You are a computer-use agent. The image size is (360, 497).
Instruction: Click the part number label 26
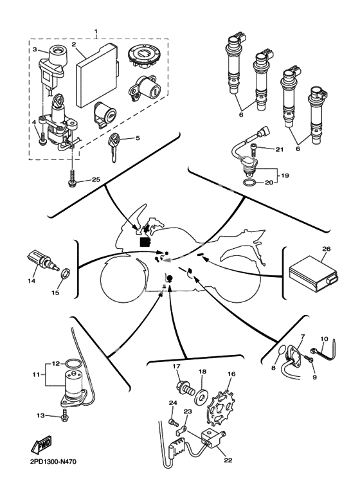[326, 249]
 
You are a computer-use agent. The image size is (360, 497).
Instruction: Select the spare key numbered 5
[114, 147]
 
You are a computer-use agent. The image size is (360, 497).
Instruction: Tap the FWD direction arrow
[41, 444]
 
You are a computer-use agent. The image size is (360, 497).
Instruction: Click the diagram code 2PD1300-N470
[53, 462]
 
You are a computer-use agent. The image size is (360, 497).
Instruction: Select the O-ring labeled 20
[249, 183]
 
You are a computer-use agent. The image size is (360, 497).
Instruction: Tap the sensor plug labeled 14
[42, 261]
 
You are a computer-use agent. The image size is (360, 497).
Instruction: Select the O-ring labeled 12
[71, 363]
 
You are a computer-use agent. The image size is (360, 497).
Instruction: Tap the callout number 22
[228, 460]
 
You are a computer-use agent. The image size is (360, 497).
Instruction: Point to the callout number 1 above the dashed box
[96, 32]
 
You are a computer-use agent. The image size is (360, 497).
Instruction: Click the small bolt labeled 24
[174, 422]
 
